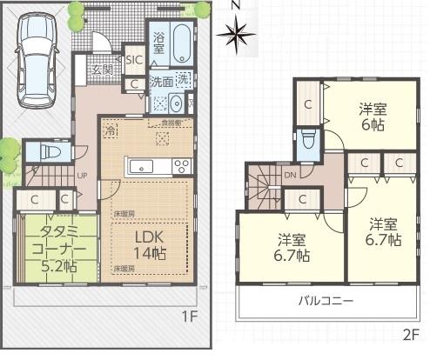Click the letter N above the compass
click(x=236, y=5)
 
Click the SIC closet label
click(x=134, y=60)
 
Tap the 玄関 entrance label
click(x=101, y=70)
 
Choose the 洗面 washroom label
click(x=159, y=83)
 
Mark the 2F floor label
click(x=411, y=332)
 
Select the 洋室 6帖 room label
click(x=373, y=117)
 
